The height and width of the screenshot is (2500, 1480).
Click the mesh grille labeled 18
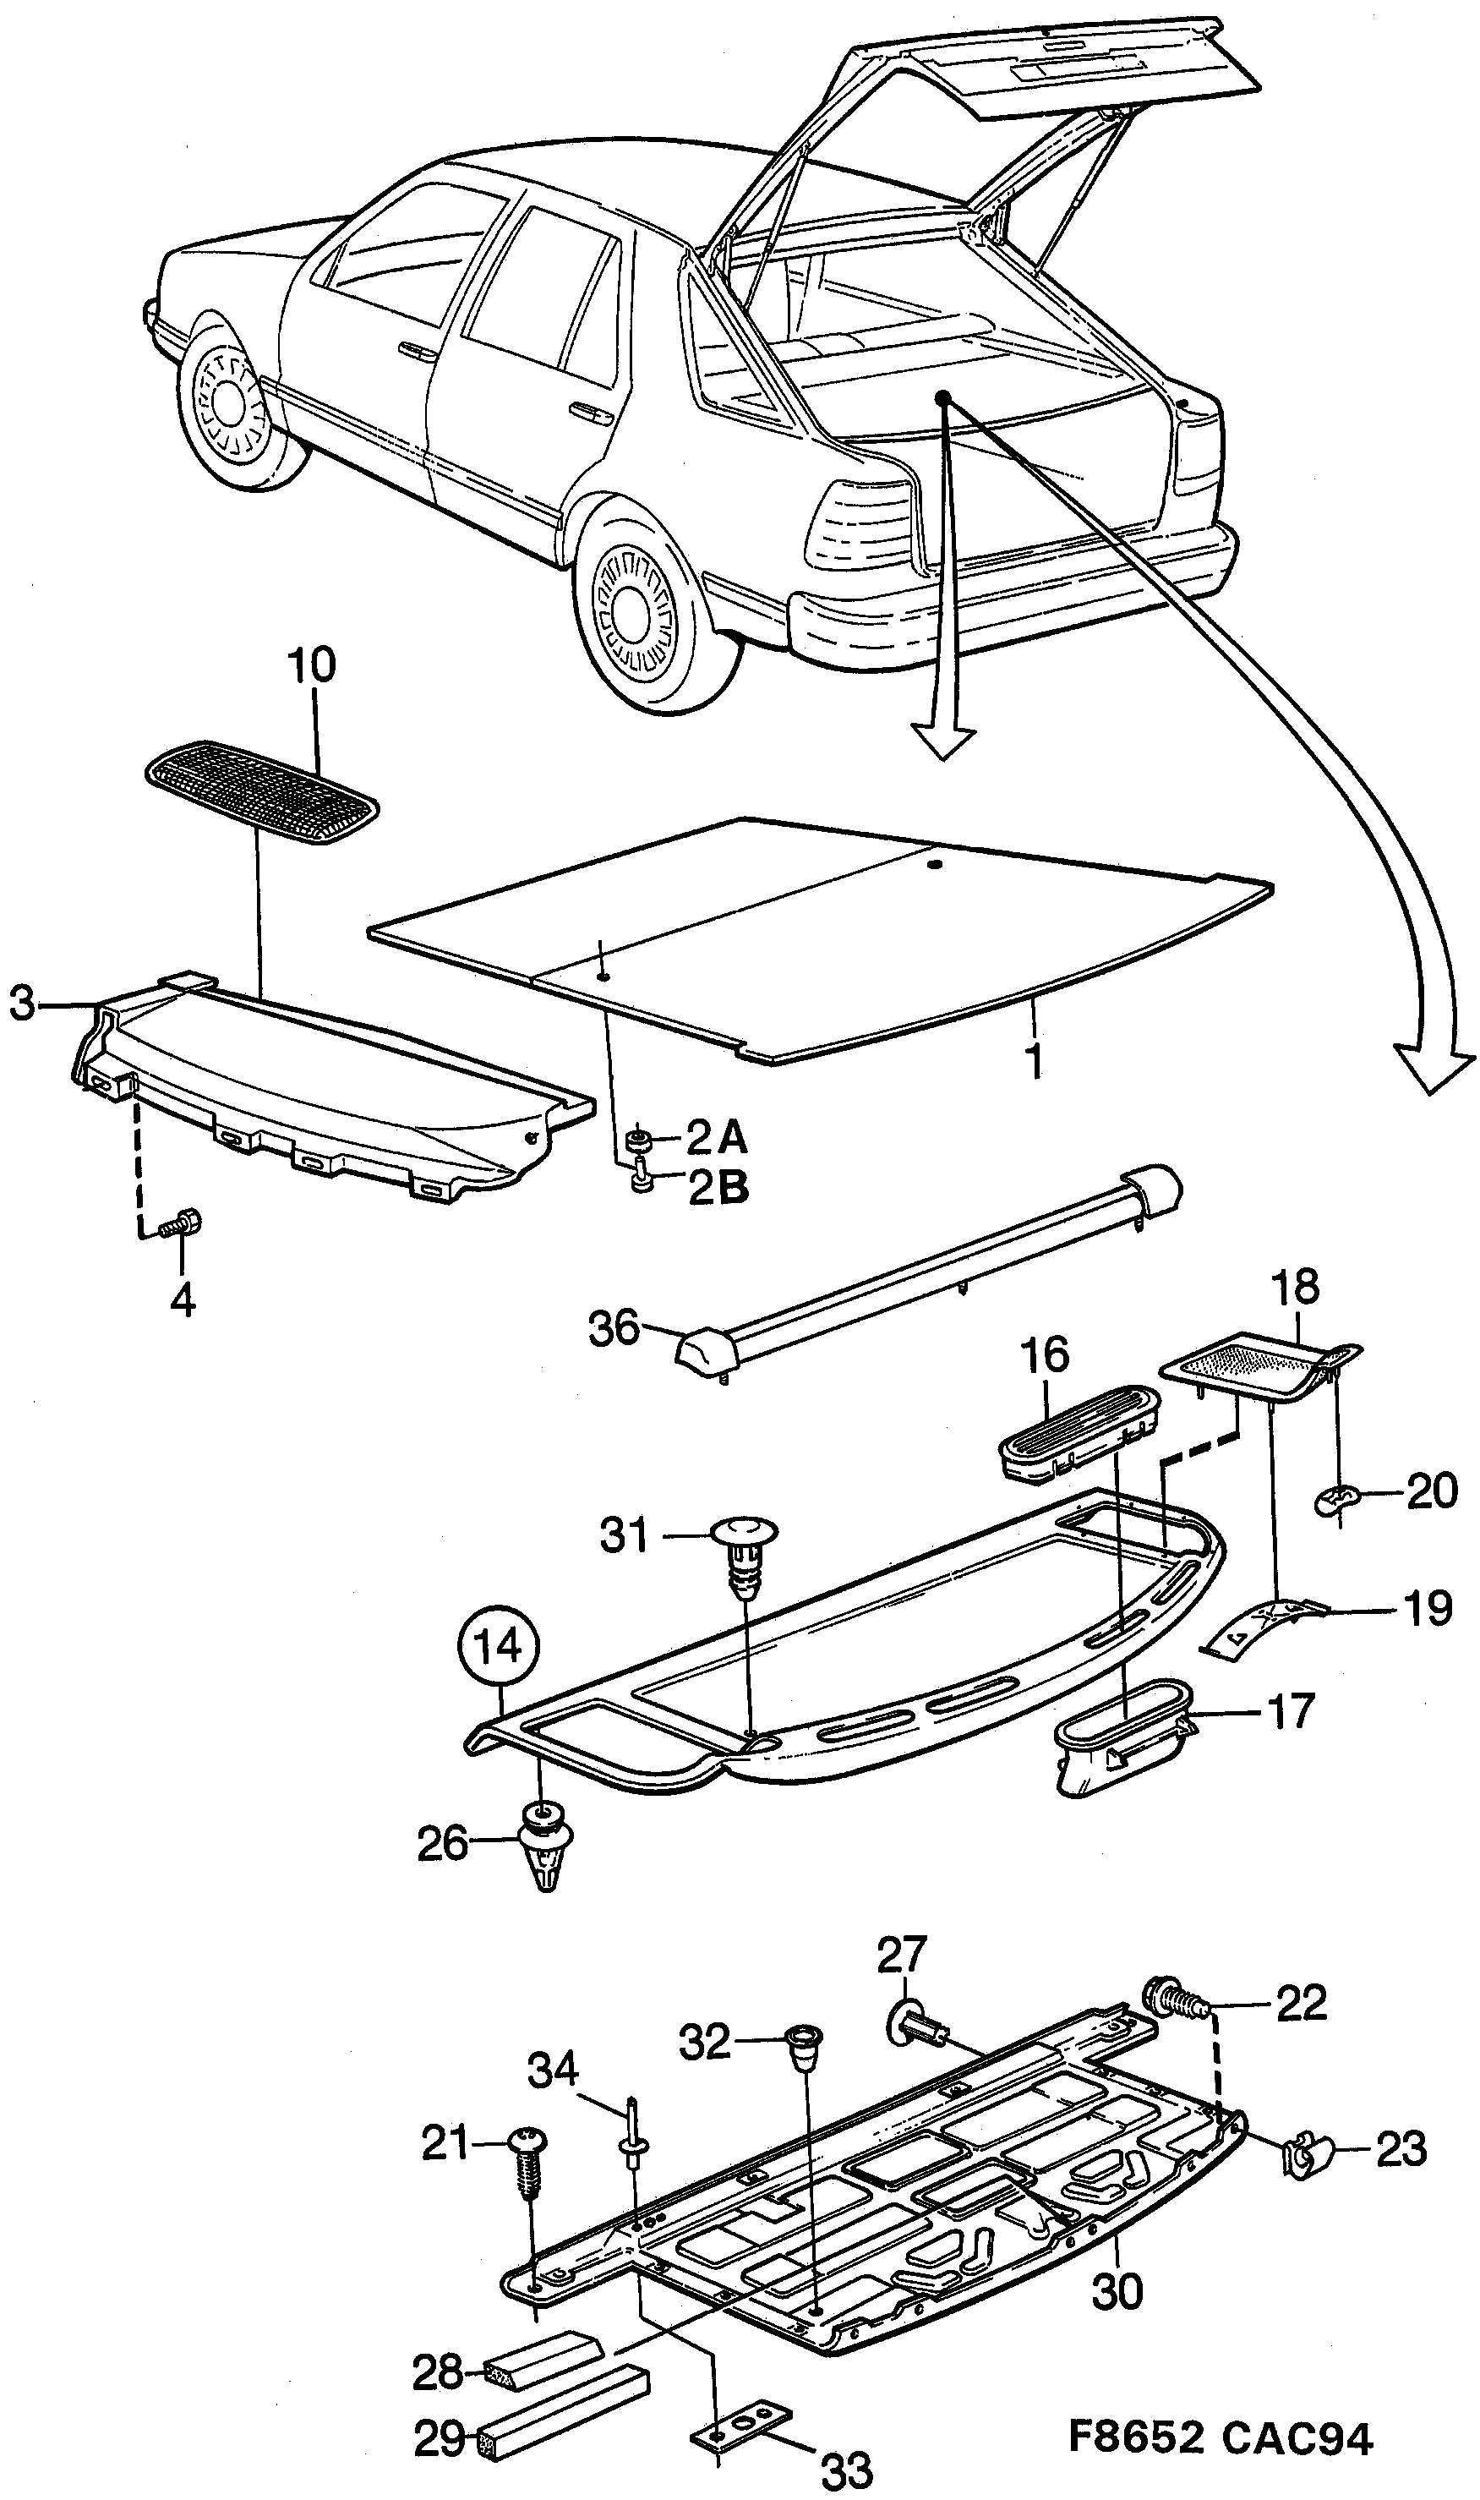point(1252,1363)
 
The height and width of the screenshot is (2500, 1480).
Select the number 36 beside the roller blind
point(614,1328)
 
